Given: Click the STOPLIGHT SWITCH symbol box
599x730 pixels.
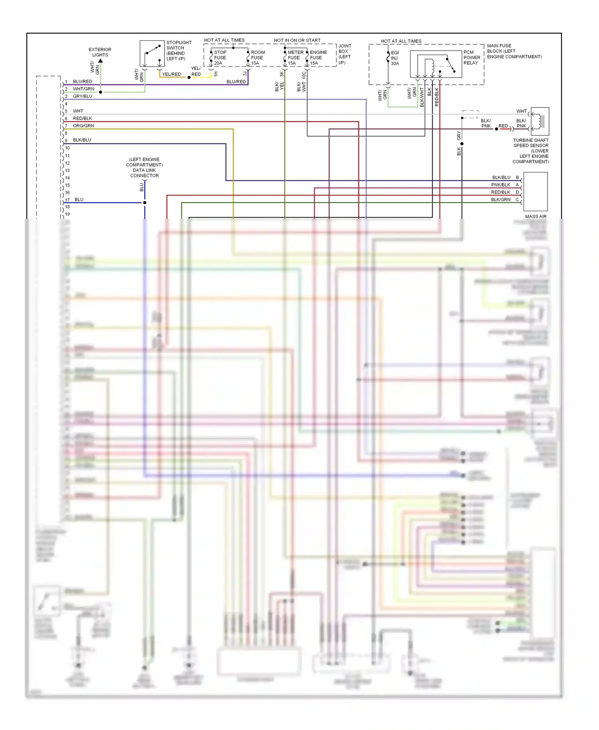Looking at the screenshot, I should pos(152,54).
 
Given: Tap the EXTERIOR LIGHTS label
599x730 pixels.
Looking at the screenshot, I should pos(100,52).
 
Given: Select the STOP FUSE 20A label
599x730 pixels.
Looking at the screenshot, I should pos(220,58).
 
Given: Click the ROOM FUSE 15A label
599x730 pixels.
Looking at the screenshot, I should pos(258,58).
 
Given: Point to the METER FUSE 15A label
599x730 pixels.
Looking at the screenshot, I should pos(295,58).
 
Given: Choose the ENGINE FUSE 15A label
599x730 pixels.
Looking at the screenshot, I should pos(318,58).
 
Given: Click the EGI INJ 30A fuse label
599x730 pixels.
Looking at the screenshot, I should pos(395,58).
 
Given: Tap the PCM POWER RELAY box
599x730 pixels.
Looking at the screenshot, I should pos(436,64).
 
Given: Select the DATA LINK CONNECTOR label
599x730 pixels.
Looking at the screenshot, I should pos(144,173).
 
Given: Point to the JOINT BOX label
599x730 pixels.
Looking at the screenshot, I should pos(345,54).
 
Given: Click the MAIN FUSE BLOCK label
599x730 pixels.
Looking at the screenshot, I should pos(514,51).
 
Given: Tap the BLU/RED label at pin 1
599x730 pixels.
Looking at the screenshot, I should pos(82,81).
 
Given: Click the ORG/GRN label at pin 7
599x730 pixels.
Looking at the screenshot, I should pos(83,126).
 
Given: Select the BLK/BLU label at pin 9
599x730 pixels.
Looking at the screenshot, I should pos(82,140).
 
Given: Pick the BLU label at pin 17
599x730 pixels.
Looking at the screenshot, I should pos(79,200).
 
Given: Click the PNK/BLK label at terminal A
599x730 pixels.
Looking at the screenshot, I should pos(500,185).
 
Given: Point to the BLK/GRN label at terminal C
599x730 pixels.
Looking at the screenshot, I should pos(500,200).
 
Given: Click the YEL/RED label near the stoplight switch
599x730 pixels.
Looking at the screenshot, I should pos(171,74).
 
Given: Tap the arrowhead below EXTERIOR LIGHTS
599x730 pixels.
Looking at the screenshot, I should pos(101,61).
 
